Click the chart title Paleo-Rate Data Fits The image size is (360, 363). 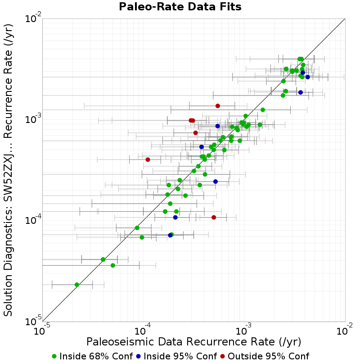[x=180, y=7]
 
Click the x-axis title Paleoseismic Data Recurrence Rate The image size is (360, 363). [x=194, y=342]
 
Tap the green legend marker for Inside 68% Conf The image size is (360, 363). [x=54, y=356]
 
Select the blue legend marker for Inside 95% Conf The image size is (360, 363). [x=138, y=356]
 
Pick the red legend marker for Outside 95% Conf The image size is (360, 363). [x=223, y=356]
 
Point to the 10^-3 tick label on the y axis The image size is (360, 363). [x=33, y=119]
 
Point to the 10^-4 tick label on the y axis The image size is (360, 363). [x=33, y=220]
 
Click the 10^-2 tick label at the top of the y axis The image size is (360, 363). [x=33, y=18]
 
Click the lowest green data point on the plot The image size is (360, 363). [x=77, y=285]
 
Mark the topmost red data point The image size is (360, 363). [x=218, y=106]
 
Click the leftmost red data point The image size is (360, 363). [x=148, y=159]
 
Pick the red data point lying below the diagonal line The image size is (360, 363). [x=214, y=217]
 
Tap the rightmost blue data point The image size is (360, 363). [x=307, y=77]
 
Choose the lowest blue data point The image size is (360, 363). [x=170, y=235]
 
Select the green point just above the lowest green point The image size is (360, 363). [x=113, y=265]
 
